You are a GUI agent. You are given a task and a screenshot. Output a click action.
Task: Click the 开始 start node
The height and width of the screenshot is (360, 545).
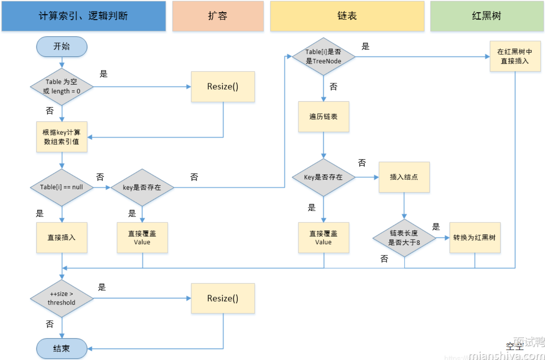point(62,47)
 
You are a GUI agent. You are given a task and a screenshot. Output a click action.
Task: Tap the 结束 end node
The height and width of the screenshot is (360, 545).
point(62,348)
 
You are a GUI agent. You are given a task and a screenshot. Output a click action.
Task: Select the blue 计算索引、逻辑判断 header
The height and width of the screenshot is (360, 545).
point(83,16)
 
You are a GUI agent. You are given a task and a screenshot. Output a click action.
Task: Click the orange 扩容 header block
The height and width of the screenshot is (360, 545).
point(218,16)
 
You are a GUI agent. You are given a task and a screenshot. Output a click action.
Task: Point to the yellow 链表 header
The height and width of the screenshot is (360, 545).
point(347,16)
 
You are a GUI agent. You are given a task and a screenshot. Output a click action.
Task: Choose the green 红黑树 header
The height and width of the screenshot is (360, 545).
point(487,16)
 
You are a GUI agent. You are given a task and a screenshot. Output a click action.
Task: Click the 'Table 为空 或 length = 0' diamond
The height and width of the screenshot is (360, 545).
point(62,87)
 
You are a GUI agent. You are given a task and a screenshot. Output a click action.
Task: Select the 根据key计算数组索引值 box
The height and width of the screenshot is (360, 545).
point(62,137)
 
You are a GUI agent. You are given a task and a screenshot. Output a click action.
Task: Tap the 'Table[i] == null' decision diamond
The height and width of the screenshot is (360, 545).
point(62,187)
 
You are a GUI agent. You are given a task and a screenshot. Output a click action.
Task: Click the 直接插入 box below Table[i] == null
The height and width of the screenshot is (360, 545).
point(62,237)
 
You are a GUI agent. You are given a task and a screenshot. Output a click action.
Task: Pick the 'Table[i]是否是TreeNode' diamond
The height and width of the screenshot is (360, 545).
point(323,57)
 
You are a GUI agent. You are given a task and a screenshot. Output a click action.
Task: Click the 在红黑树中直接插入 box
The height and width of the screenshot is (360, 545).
point(515,56)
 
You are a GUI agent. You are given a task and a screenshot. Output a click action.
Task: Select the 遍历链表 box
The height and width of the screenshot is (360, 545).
point(323,117)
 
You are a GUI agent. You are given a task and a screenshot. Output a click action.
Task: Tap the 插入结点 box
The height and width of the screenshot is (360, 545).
point(404,177)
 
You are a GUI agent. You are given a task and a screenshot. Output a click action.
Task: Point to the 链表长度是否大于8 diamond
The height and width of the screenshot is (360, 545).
point(404,238)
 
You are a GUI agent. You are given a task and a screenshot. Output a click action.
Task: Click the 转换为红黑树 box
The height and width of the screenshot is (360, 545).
point(475,237)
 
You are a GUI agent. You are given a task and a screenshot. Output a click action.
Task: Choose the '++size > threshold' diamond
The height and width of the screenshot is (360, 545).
point(62,298)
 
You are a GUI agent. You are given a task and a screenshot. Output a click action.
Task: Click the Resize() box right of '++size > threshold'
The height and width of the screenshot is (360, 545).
point(223,298)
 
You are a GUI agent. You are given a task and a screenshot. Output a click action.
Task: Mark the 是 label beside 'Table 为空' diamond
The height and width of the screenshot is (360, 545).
point(104,74)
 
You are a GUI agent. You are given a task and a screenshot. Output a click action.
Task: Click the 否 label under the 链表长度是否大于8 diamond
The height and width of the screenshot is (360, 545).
point(384,259)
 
